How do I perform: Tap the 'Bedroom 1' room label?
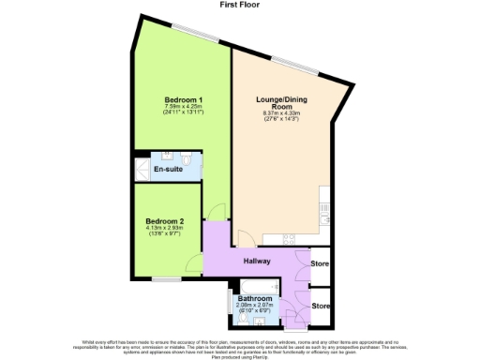pyautogui.click(x=184, y=100)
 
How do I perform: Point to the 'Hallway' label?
pyautogui.click(x=258, y=262)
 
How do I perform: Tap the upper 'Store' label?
pyautogui.click(x=321, y=263)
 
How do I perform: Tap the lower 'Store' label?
pyautogui.click(x=321, y=306)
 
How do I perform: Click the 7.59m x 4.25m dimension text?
pyautogui.click(x=184, y=109)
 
